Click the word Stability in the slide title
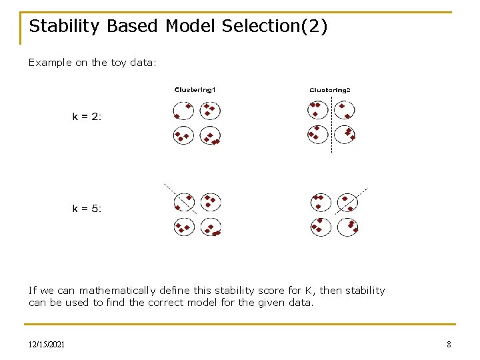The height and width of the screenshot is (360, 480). pyautogui.click(x=65, y=27)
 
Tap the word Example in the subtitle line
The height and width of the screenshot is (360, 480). pyautogui.click(x=49, y=63)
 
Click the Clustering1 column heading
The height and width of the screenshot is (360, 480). pyautogui.click(x=195, y=90)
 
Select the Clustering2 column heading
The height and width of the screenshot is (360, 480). pyautogui.click(x=329, y=90)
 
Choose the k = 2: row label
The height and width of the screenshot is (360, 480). pyautogui.click(x=87, y=117)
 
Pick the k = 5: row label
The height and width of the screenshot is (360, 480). pyautogui.click(x=87, y=209)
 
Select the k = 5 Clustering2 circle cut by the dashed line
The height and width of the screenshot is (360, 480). pyautogui.click(x=347, y=201)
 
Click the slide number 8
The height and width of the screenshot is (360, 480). pyautogui.click(x=449, y=345)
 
